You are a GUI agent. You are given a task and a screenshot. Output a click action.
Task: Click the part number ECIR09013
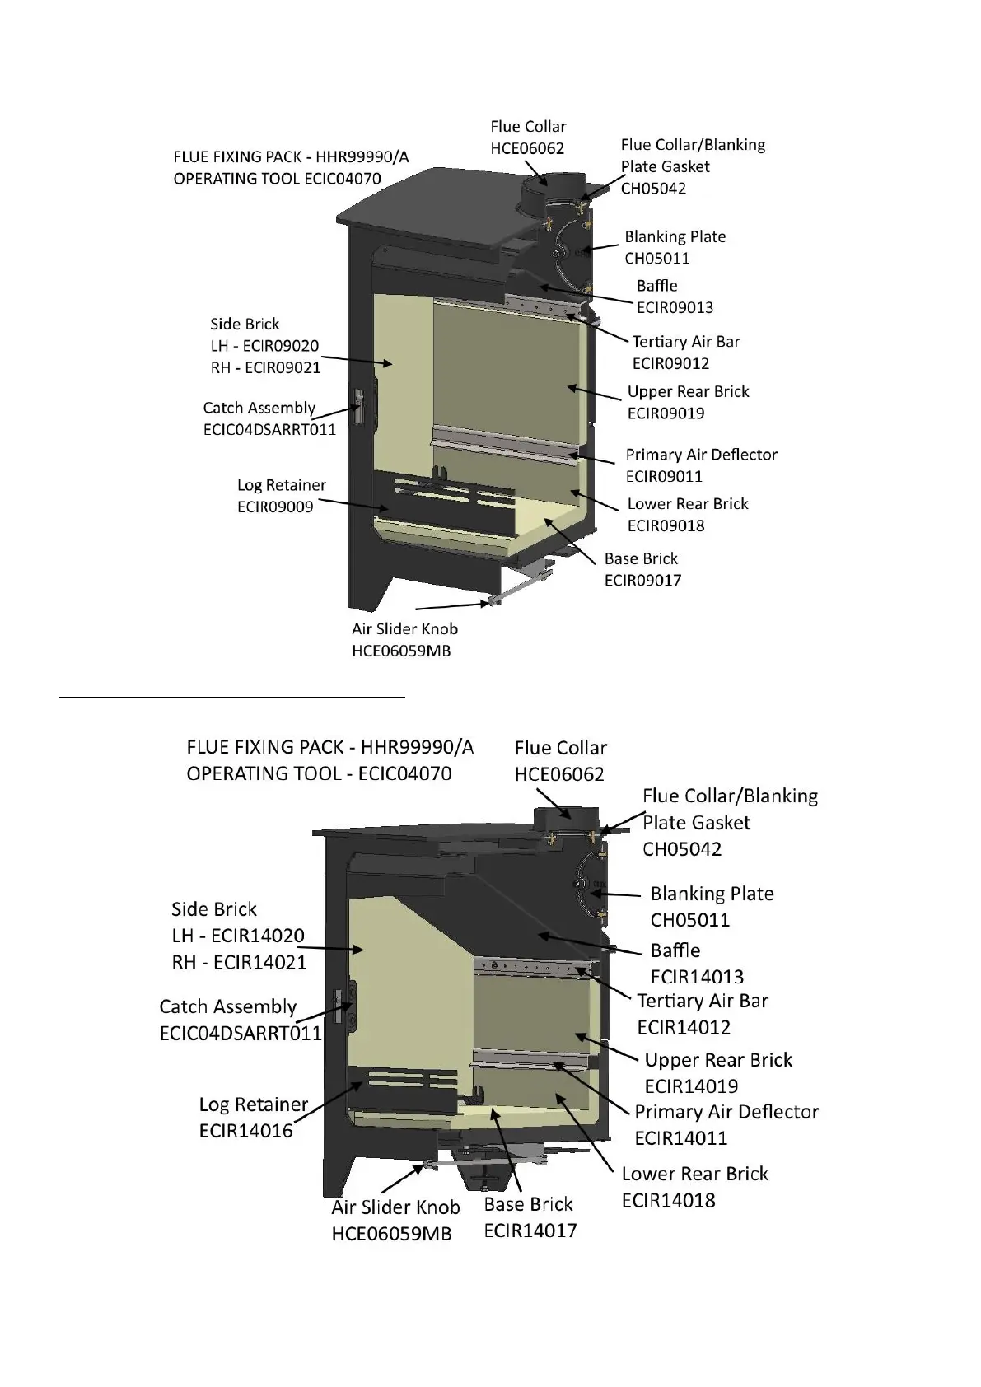coord(675,308)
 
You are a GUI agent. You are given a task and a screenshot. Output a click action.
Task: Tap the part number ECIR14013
coord(697,977)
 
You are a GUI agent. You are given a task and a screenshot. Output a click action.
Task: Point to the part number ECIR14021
coord(259,962)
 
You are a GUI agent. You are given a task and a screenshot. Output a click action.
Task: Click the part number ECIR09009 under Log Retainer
coord(275,507)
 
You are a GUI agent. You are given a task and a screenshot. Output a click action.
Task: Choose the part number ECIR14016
coord(245,1131)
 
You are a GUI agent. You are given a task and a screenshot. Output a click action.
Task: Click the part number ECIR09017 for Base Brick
coord(642,581)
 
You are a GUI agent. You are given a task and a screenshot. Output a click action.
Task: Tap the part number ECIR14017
coord(530,1231)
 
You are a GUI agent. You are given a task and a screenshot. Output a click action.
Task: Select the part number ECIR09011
coord(664,476)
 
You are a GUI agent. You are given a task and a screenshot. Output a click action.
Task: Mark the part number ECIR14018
coord(668,1201)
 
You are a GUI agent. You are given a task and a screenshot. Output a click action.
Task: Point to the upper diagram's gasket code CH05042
coord(653,189)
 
